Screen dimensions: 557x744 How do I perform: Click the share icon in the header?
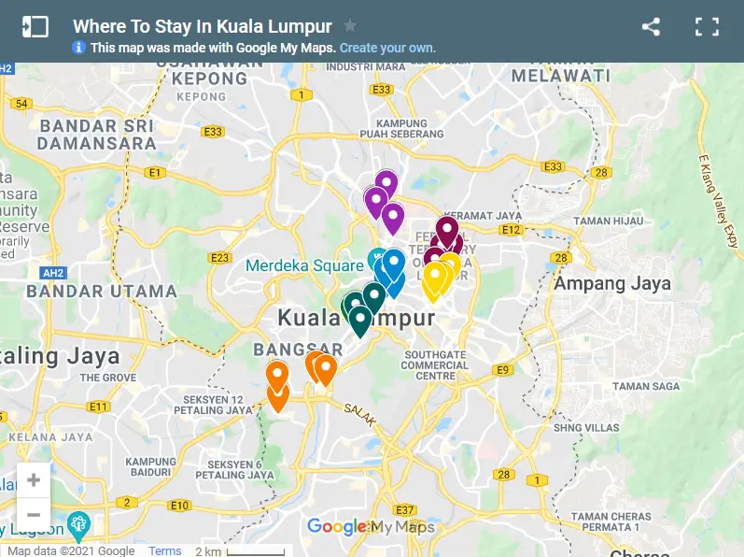click(x=651, y=27)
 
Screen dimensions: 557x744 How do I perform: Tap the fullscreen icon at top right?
click(x=707, y=27)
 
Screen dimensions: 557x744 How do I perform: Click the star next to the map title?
click(x=350, y=25)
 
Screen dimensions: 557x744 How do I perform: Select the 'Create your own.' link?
click(x=387, y=48)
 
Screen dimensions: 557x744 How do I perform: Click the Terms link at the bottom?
click(x=165, y=550)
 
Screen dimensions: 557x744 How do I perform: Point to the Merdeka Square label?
click(x=304, y=265)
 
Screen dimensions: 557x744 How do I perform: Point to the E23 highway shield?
click(x=221, y=258)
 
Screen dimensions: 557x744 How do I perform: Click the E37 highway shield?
click(x=404, y=510)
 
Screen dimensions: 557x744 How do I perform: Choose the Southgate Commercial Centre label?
click(x=435, y=365)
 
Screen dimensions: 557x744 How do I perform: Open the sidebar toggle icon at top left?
click(x=35, y=27)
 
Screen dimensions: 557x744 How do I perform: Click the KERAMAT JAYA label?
click(x=481, y=216)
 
